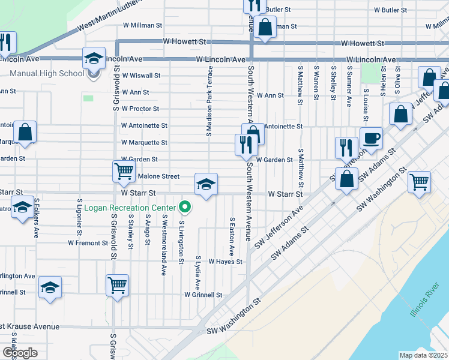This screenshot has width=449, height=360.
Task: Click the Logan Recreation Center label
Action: pyautogui.click(x=130, y=208)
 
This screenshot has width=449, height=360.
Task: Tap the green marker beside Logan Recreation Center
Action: pyautogui.click(x=185, y=208)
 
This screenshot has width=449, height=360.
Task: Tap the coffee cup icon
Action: pyautogui.click(x=370, y=138)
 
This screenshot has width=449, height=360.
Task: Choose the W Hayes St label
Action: pyautogui.click(x=225, y=262)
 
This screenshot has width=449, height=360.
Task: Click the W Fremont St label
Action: pyautogui.click(x=87, y=243)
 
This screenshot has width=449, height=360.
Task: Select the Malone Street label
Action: pyautogui.click(x=158, y=176)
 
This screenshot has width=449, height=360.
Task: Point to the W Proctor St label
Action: pyautogui.click(x=140, y=109)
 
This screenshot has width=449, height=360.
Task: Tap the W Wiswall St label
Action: pyautogui.click(x=141, y=76)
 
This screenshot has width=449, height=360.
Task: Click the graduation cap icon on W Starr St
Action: pyautogui.click(x=205, y=184)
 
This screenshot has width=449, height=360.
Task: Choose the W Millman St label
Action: pyautogui.click(x=142, y=26)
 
